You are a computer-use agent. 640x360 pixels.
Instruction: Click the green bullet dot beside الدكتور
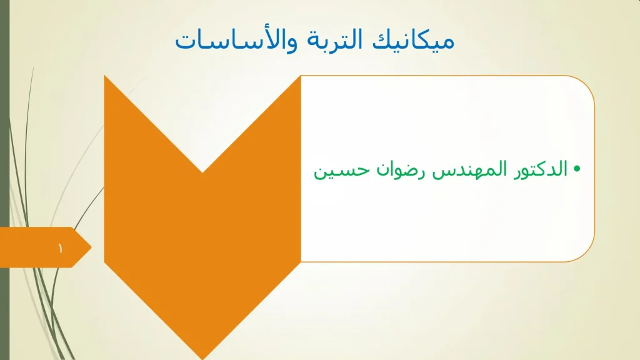(x=577, y=169)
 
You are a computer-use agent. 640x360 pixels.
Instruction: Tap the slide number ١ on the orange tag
(x=61, y=249)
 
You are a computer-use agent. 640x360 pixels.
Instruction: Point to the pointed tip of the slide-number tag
(x=91, y=247)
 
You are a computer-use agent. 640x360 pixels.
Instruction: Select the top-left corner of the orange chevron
(x=105, y=76)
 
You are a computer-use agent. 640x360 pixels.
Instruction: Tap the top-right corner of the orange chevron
(x=300, y=76)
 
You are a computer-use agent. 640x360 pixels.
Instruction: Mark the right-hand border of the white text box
(x=594, y=169)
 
